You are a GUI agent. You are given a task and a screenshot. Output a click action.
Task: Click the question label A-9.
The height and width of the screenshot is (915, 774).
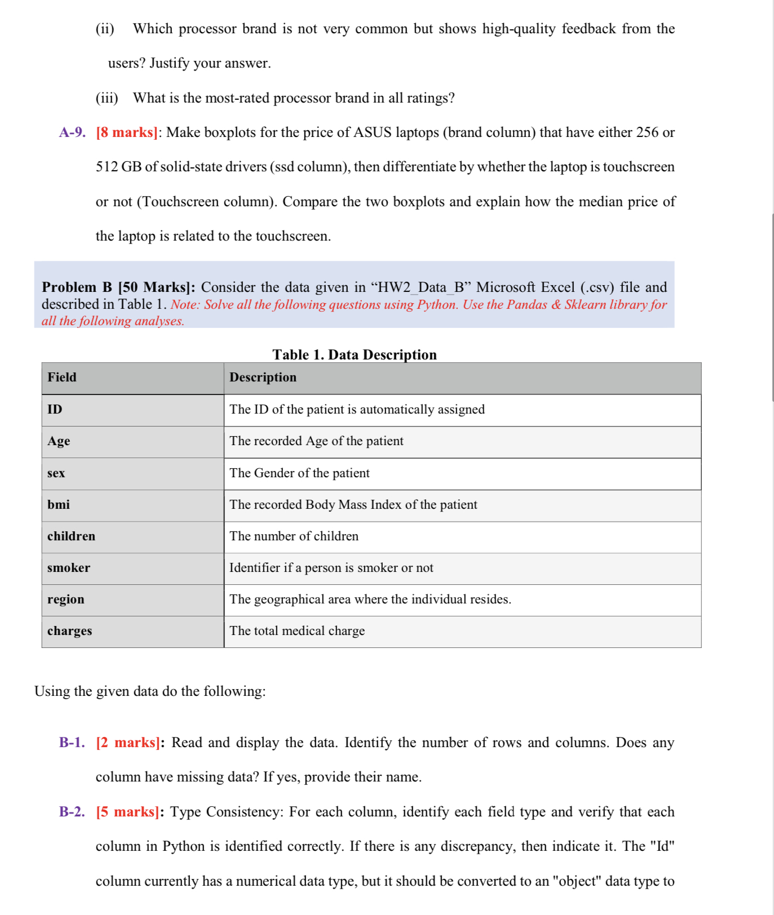(72, 132)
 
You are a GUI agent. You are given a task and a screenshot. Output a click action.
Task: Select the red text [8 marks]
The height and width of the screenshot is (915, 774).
(126, 132)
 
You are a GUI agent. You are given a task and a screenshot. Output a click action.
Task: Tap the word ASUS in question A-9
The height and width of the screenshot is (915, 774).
(372, 132)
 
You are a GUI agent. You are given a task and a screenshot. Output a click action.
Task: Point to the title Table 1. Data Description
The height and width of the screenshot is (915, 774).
(355, 354)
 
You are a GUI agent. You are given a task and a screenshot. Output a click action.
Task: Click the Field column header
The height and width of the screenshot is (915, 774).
(62, 377)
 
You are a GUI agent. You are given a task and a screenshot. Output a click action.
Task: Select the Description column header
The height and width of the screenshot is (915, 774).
(263, 377)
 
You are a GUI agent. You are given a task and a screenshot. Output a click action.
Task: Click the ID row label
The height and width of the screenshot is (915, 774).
(55, 410)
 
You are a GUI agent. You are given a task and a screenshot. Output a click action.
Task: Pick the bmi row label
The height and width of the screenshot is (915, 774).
(59, 504)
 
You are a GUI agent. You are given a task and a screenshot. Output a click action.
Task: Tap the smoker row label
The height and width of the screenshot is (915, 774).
(69, 568)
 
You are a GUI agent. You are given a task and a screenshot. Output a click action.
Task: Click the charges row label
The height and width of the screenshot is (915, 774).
(69, 631)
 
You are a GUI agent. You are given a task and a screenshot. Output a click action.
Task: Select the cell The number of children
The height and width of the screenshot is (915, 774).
(294, 536)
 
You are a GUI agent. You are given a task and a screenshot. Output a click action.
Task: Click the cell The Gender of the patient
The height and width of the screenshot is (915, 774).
(299, 473)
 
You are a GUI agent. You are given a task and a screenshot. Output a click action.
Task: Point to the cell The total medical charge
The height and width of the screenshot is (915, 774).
(297, 631)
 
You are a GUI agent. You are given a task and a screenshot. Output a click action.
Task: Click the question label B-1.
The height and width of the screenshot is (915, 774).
(72, 743)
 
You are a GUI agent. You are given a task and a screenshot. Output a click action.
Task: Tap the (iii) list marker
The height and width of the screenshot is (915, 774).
(107, 98)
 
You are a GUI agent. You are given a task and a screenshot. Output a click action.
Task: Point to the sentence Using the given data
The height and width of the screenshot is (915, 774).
(150, 691)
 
